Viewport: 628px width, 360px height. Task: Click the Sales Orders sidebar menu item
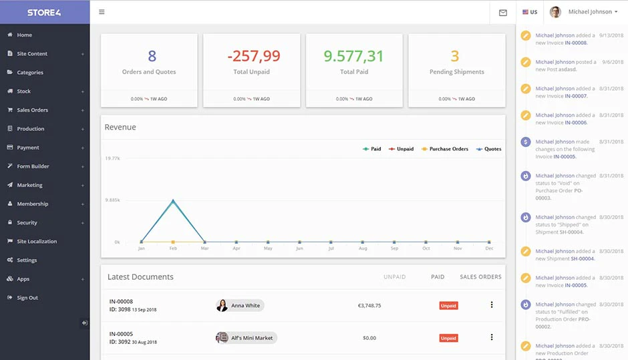click(x=33, y=110)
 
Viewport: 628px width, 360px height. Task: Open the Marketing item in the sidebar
click(x=29, y=185)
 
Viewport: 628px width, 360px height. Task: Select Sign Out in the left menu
click(x=27, y=297)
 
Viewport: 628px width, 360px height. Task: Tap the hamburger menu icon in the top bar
click(x=102, y=12)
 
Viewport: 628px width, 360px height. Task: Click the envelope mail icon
click(x=503, y=13)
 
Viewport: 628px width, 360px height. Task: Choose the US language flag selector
click(x=530, y=12)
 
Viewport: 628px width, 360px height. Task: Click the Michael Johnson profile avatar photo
click(x=555, y=12)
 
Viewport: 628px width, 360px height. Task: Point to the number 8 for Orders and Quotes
click(x=152, y=56)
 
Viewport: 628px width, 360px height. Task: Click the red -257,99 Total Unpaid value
click(x=254, y=56)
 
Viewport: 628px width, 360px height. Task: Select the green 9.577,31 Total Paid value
click(x=353, y=56)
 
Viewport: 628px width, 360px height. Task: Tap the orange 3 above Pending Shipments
click(x=454, y=56)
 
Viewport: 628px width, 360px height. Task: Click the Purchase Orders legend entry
click(x=444, y=149)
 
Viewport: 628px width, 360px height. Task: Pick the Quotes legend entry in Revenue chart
click(x=488, y=149)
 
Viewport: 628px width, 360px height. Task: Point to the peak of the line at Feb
click(x=173, y=200)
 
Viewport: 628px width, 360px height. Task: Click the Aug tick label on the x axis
click(x=363, y=248)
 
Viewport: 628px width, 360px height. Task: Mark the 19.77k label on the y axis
click(x=112, y=158)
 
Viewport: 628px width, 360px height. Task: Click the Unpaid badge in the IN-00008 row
click(x=448, y=305)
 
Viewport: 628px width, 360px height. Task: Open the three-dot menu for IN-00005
click(x=492, y=337)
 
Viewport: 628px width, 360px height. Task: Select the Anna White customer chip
click(x=240, y=305)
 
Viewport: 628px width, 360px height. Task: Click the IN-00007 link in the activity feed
click(x=576, y=96)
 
